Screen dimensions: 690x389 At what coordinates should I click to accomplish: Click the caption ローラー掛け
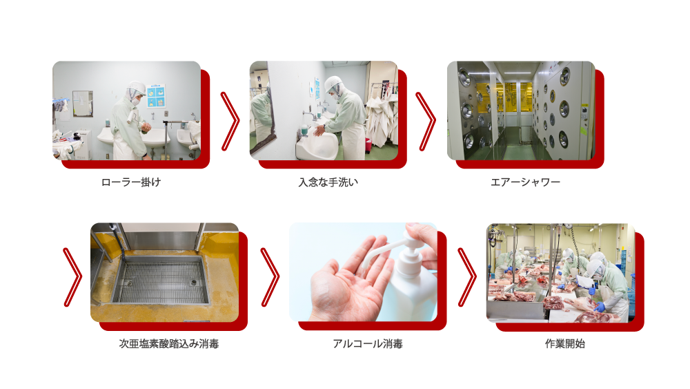pos(131,182)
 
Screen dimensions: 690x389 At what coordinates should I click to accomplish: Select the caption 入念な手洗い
pos(328,182)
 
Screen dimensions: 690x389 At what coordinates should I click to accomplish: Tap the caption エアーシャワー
pos(525,182)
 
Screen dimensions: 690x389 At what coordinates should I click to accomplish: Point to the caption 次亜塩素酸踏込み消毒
pos(169,343)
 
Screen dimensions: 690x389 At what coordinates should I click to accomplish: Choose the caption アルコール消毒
pos(368,343)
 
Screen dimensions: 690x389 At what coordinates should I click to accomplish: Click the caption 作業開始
pos(565,343)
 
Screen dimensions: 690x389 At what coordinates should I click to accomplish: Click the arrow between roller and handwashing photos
pos(230,121)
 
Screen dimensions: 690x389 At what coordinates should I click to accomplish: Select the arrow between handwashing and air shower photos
pos(426,121)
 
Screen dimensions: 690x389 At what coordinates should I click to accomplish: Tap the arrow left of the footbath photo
pos(73,277)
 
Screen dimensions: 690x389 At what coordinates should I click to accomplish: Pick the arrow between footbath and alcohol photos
pos(270,277)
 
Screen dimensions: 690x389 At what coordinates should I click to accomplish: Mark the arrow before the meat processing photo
pos(467,277)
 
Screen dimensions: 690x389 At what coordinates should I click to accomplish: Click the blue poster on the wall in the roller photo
pos(156,95)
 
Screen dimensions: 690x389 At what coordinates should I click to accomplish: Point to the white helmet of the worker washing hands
pos(333,83)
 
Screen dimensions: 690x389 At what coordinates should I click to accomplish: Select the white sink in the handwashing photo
pos(317,144)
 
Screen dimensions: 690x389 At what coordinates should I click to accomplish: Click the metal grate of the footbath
pos(161,281)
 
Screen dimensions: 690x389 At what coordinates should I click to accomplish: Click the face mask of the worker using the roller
pos(136,101)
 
